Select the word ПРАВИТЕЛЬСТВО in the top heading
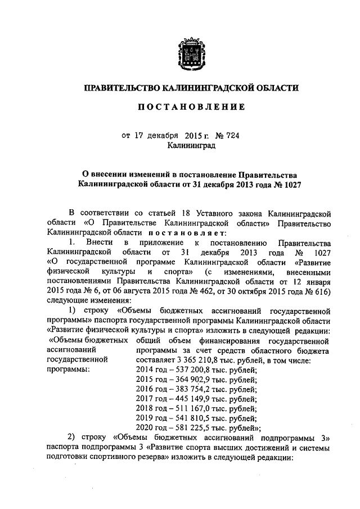pyautogui.click(x=121, y=88)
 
